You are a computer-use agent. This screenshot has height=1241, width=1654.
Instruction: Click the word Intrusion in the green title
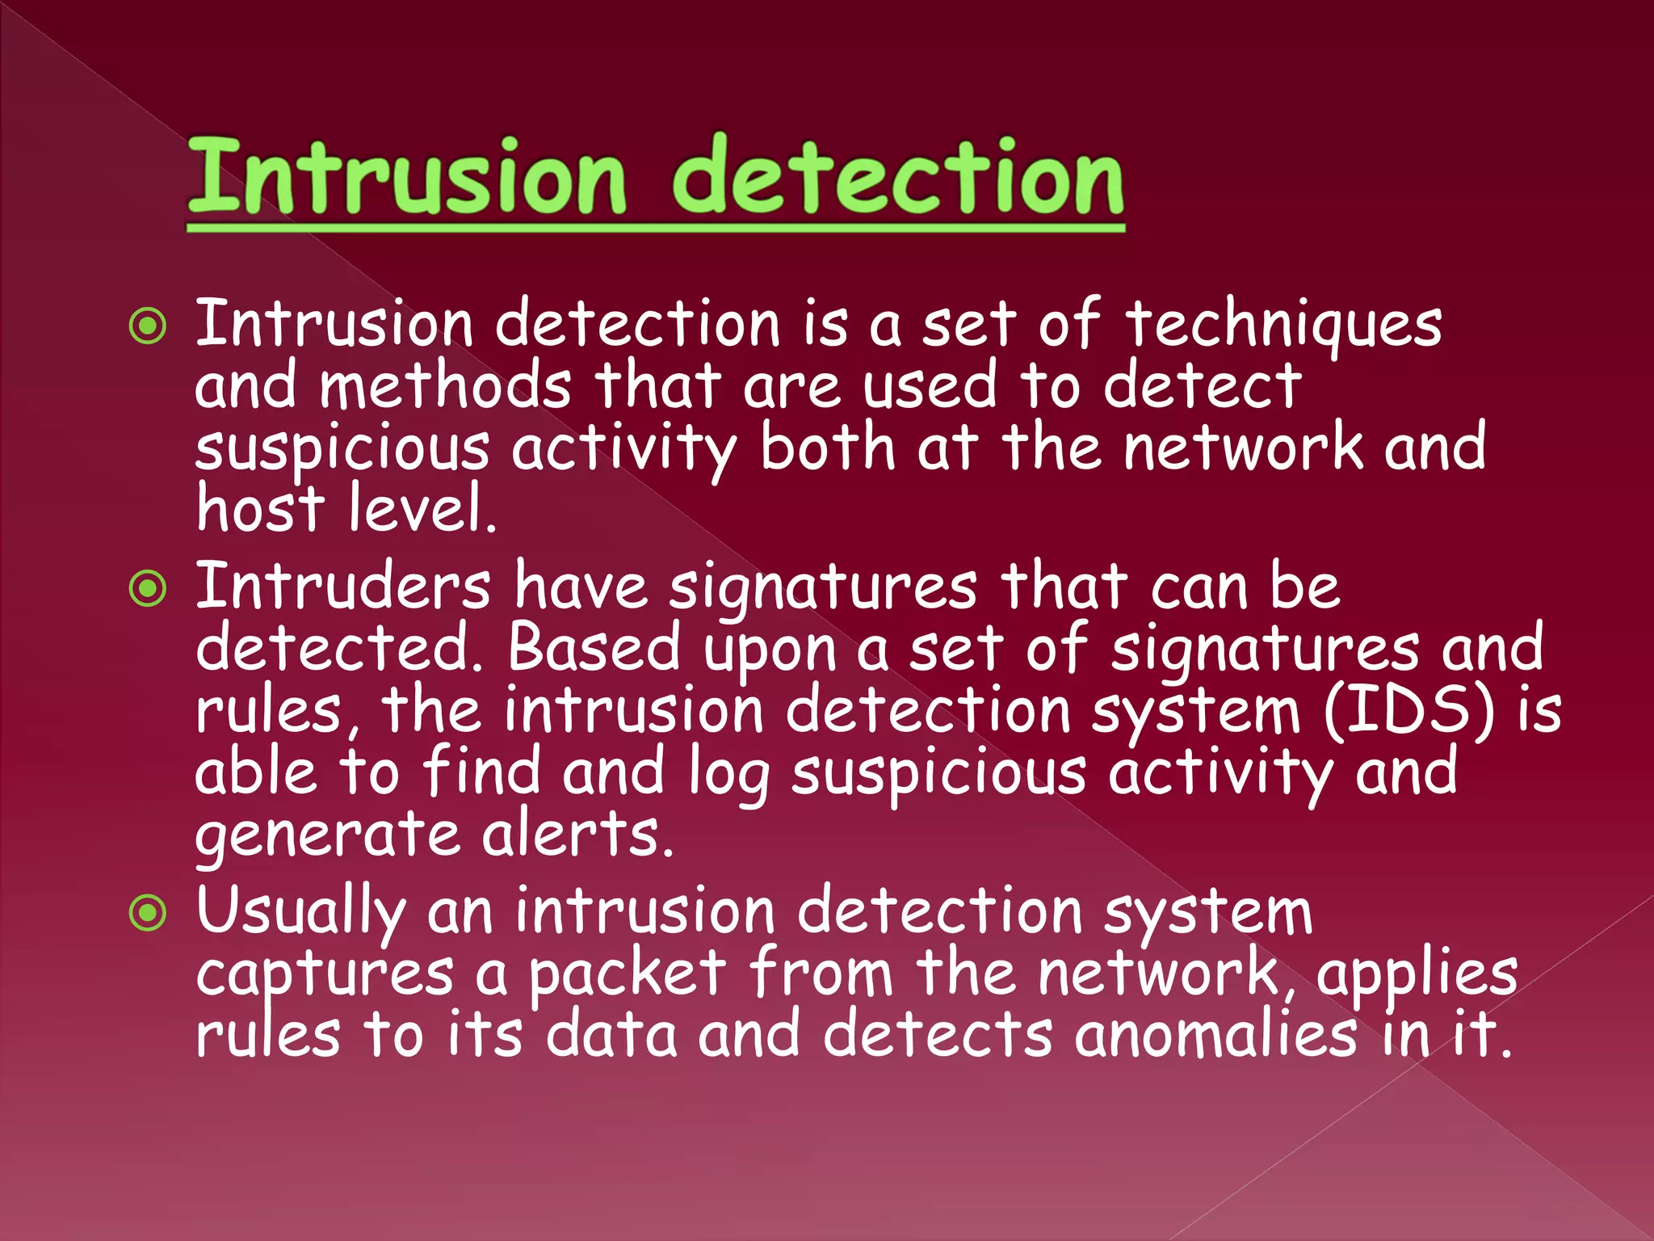406,178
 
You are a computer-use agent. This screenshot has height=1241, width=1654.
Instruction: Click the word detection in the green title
897,178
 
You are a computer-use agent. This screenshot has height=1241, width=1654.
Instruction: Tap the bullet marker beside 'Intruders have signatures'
149,589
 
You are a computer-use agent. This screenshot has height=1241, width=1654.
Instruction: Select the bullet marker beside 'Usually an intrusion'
149,914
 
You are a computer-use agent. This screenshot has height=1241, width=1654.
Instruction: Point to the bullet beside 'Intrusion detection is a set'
149,327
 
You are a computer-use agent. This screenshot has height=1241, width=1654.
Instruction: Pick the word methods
445,386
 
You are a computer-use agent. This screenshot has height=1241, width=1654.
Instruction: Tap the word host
260,509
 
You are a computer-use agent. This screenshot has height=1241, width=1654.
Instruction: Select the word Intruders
343,587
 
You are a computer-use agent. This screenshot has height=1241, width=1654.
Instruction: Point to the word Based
594,649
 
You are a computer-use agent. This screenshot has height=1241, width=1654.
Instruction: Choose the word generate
328,836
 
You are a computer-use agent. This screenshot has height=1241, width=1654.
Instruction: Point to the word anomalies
1215,1036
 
